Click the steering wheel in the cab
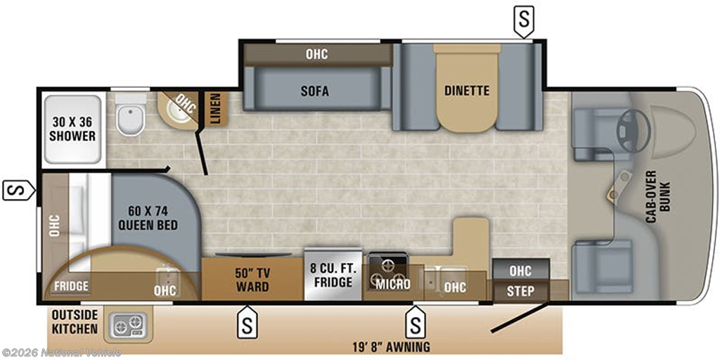[x=634, y=131]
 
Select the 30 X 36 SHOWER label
[x=72, y=129]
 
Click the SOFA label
[x=315, y=91]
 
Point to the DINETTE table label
[x=467, y=91]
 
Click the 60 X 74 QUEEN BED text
[x=148, y=218]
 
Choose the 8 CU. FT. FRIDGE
[x=334, y=275]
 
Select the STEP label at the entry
[x=521, y=291]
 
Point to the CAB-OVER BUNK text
[x=658, y=197]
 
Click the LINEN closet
[x=215, y=109]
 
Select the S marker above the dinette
[x=524, y=22]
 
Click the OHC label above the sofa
[x=317, y=54]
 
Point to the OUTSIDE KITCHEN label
[x=75, y=322]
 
